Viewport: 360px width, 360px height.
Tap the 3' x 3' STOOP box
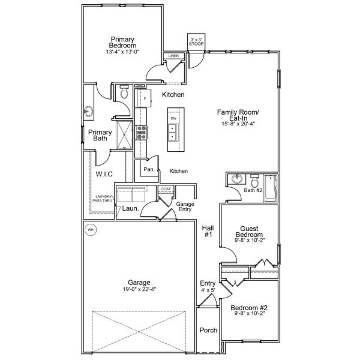196,40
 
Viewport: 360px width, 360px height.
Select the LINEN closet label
173,56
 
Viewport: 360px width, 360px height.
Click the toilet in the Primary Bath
124,93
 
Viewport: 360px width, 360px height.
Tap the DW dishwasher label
173,119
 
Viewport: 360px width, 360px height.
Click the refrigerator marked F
144,97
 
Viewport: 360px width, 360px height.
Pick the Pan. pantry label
149,170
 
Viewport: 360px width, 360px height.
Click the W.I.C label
104,174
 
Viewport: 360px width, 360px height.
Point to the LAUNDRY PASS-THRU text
103,199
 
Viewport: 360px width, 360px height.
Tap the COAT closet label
166,188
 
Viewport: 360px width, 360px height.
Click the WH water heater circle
91,229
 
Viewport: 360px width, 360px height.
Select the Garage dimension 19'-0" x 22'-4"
139,289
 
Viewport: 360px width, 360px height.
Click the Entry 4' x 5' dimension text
207,290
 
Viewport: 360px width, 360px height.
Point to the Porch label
208,330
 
